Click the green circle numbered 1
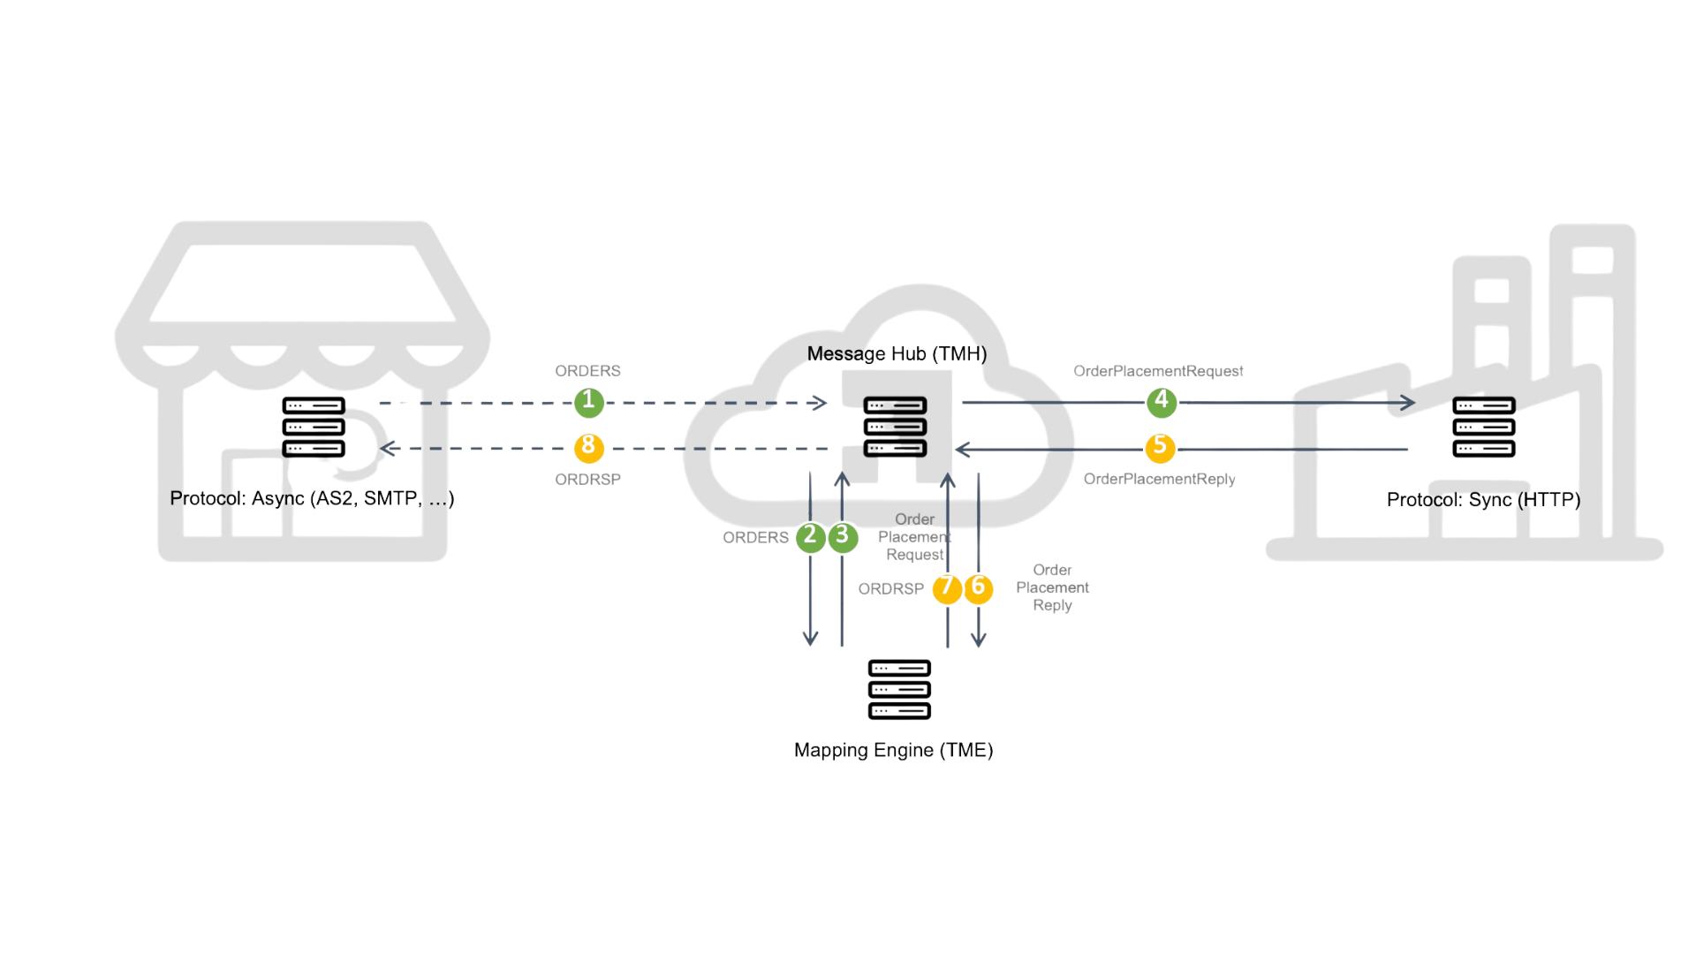click(x=588, y=403)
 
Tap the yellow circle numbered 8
click(x=588, y=448)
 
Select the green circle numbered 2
click(x=811, y=537)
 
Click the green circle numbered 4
click(x=1161, y=402)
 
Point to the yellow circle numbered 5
click(x=1160, y=447)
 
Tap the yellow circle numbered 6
click(x=978, y=588)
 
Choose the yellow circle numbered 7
click(x=947, y=588)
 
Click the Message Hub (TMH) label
click(x=896, y=354)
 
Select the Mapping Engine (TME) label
click(x=894, y=751)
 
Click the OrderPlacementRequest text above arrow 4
click(x=1158, y=371)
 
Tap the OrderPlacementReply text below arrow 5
click(x=1158, y=479)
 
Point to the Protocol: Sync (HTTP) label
click(x=1482, y=500)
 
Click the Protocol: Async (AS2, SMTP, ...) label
click(x=312, y=499)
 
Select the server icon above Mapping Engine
click(x=899, y=689)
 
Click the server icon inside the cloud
click(x=896, y=427)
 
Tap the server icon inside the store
click(x=313, y=427)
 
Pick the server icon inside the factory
click(x=1483, y=428)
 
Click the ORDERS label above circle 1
click(x=587, y=371)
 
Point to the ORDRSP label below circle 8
click(x=587, y=479)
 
